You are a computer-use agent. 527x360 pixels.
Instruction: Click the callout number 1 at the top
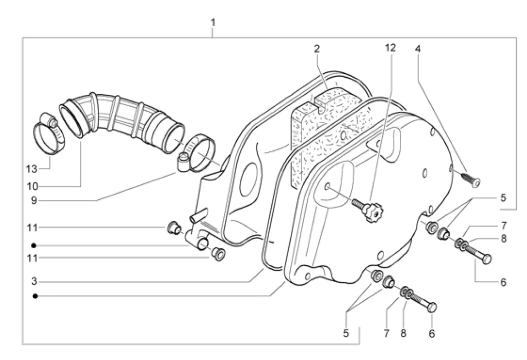(x=213, y=23)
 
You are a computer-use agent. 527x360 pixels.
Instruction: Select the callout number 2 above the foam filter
(x=317, y=49)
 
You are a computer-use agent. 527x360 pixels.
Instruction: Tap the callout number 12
(x=390, y=48)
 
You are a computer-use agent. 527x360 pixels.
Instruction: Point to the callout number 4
(x=417, y=49)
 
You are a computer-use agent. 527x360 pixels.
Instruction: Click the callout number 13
(x=31, y=169)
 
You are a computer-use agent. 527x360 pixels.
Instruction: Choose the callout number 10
(x=32, y=186)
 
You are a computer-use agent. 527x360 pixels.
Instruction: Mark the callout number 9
(x=33, y=201)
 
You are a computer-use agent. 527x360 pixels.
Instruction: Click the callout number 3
(x=33, y=281)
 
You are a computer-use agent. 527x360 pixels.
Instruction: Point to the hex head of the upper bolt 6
(x=487, y=260)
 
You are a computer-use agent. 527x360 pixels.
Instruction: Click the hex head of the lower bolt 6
(x=432, y=307)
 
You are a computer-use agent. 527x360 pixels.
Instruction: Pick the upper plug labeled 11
(x=173, y=228)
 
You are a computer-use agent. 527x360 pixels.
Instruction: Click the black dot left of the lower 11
(x=33, y=246)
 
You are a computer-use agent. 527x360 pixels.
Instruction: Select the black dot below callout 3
(x=36, y=296)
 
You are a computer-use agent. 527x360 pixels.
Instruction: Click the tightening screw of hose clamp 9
(x=184, y=162)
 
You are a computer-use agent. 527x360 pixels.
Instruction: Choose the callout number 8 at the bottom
(x=403, y=333)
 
